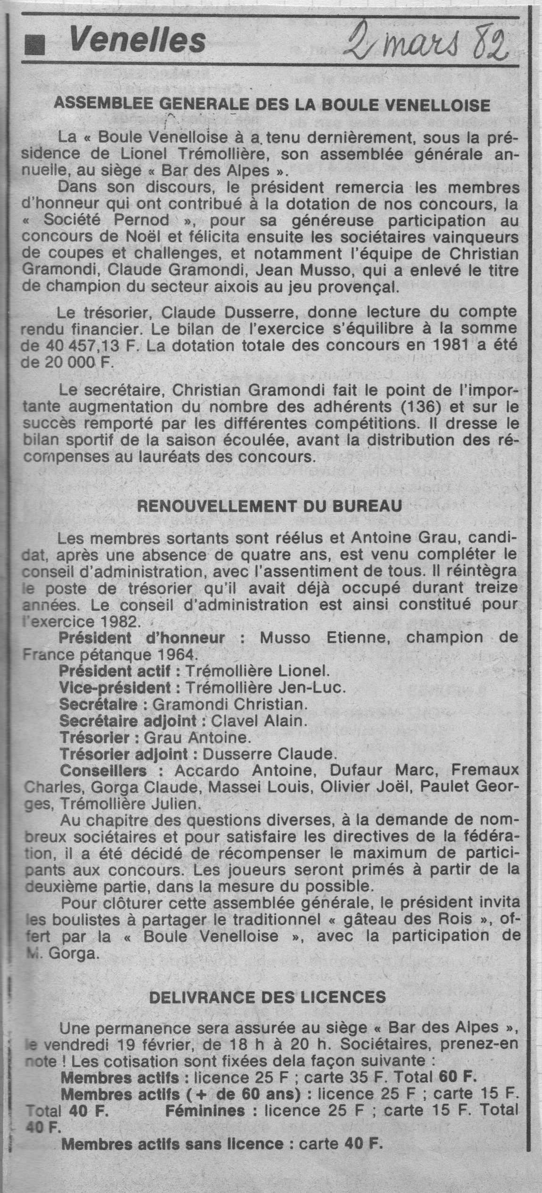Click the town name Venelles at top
pyautogui.click(x=137, y=41)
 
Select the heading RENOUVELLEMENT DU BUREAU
pyautogui.click(x=269, y=506)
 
